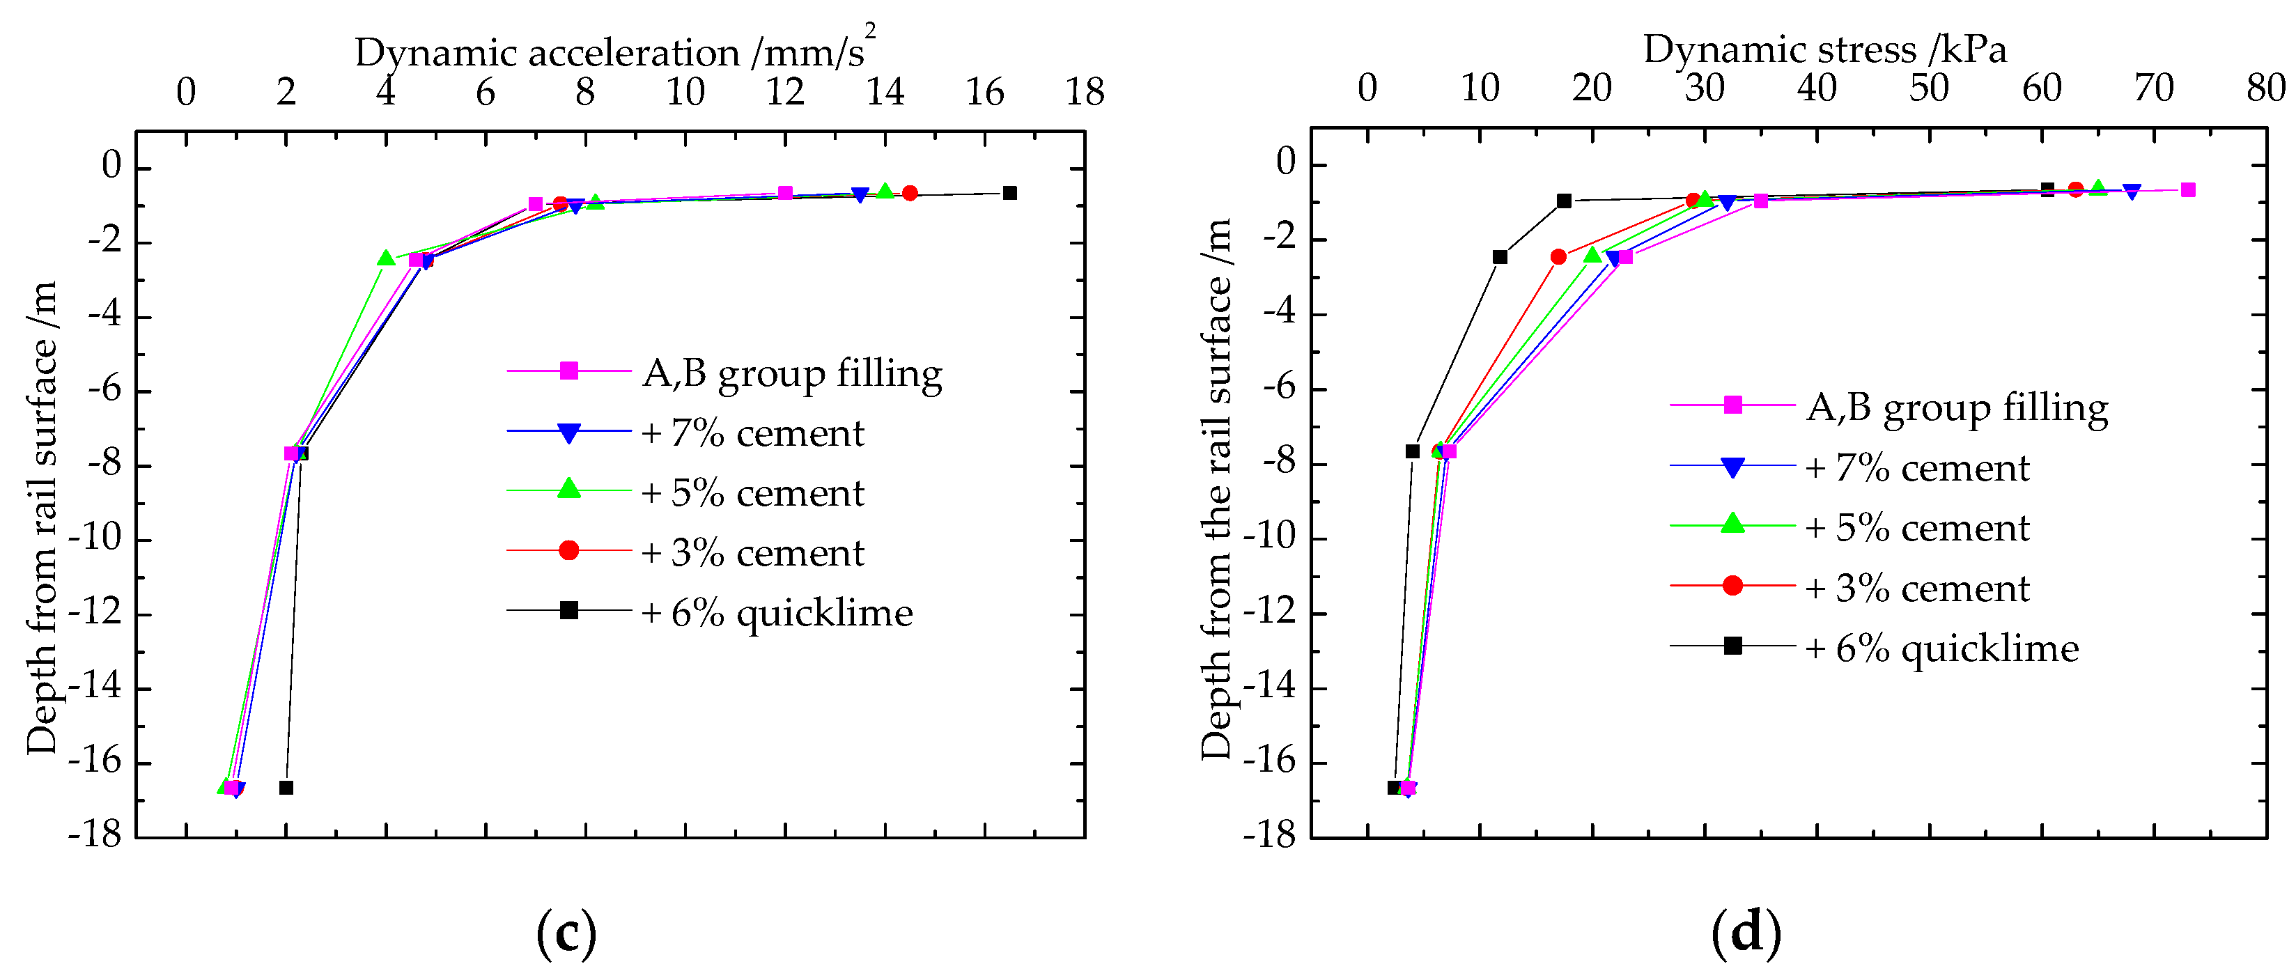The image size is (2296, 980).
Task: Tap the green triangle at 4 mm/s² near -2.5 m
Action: (x=385, y=258)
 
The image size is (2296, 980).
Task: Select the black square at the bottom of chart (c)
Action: (x=286, y=788)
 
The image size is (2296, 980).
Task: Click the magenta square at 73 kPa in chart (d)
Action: (x=2187, y=189)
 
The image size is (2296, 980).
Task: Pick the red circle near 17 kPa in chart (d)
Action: (x=1558, y=256)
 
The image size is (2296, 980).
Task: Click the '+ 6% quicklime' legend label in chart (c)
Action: (x=776, y=613)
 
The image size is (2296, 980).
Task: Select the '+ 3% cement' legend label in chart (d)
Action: (x=1917, y=588)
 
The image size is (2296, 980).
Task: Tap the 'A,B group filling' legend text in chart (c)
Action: (x=791, y=373)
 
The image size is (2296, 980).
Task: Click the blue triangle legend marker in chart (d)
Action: (x=1732, y=467)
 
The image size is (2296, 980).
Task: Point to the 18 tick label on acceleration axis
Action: (x=1084, y=92)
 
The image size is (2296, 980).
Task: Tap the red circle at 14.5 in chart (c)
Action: (x=909, y=194)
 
